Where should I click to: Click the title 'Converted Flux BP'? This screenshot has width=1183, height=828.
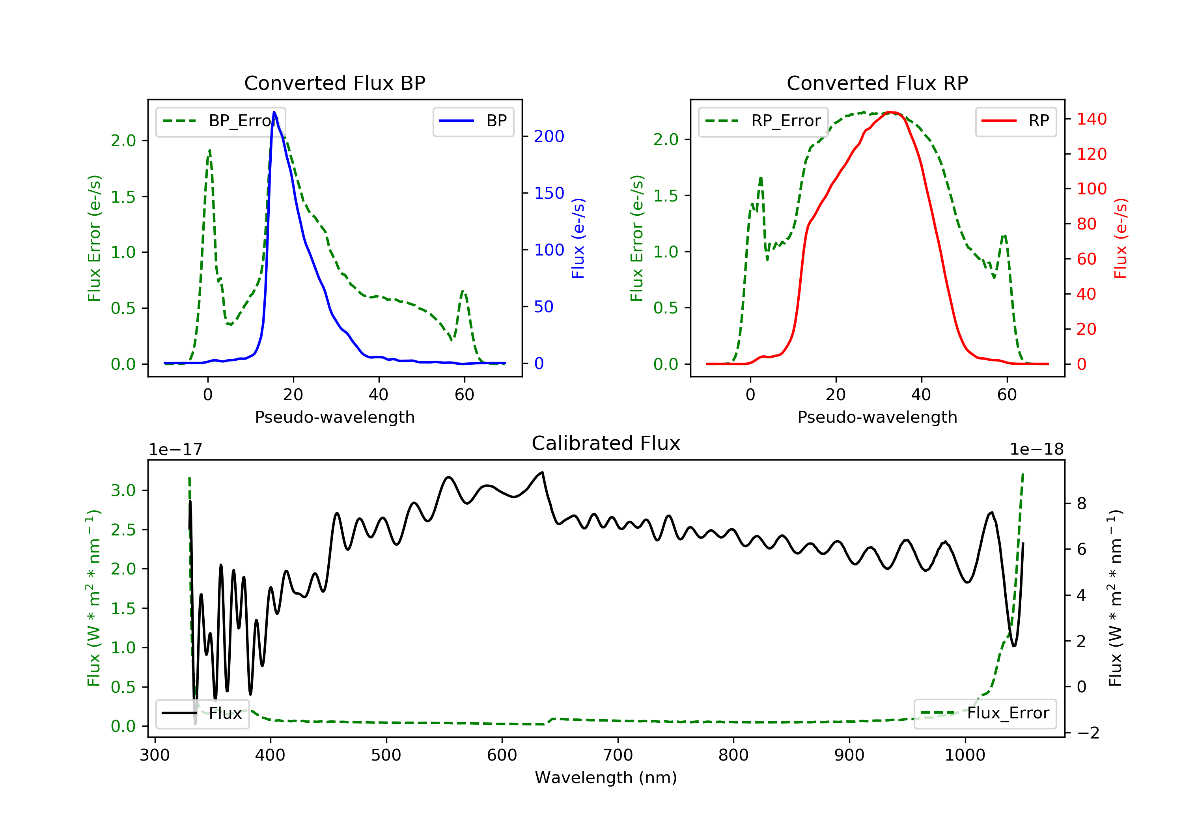coord(335,83)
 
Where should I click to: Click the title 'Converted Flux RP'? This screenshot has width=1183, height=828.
coord(877,83)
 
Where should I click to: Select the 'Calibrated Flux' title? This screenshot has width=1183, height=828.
coord(606,443)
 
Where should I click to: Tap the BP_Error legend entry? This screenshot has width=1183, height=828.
coord(220,121)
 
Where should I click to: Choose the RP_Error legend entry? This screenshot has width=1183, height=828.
coord(763,121)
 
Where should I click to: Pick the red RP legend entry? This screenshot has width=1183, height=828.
coord(1015,121)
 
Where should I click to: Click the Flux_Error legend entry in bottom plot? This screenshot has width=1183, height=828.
coord(985,713)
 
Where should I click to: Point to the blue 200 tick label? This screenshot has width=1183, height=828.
coord(549,136)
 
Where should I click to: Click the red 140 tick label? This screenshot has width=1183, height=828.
coord(1092,119)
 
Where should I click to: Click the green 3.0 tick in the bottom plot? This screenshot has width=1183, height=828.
coord(123,490)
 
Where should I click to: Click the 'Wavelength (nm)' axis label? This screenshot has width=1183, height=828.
coord(606,777)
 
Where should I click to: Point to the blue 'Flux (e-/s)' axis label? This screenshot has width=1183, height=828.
coord(578,239)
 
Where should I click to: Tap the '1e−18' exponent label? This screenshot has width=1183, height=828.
coord(1037,449)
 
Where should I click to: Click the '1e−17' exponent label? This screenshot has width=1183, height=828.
coord(176,449)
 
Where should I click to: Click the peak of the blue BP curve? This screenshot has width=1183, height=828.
coord(274,112)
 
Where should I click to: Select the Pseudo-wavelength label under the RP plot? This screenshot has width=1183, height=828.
coord(877,417)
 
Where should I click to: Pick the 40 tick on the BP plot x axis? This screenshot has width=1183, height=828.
coord(379,395)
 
